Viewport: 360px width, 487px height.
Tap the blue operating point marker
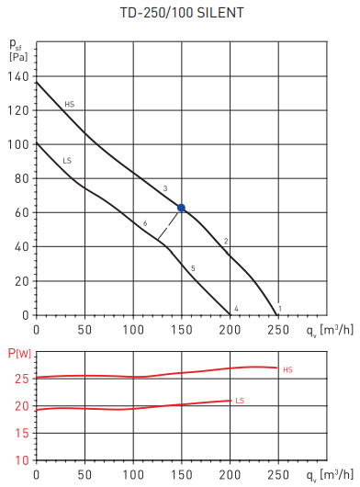(x=182, y=209)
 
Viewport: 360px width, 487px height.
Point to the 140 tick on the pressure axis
(x=17, y=76)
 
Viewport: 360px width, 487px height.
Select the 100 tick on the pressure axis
(x=17, y=144)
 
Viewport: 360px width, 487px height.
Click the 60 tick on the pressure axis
(x=19, y=212)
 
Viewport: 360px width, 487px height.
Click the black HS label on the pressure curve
(x=69, y=105)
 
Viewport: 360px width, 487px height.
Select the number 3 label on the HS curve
(x=164, y=188)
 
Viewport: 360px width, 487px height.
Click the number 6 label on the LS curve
(x=145, y=223)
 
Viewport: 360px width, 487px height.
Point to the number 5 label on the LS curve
(x=193, y=267)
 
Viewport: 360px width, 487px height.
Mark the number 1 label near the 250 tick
(x=279, y=308)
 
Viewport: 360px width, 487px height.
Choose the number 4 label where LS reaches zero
(x=236, y=308)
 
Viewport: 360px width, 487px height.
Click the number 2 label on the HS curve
(x=225, y=241)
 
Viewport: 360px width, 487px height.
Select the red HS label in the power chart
(x=287, y=370)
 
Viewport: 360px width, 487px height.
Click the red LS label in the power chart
(x=240, y=401)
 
